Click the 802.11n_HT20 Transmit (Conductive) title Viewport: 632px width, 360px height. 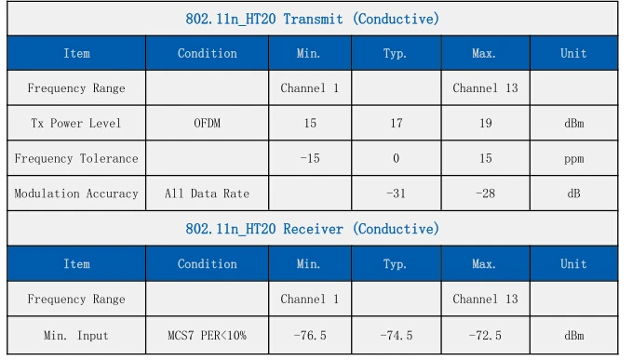click(x=313, y=19)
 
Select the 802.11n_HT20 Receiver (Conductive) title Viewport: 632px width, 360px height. click(x=313, y=229)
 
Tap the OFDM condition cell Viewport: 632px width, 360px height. click(x=208, y=123)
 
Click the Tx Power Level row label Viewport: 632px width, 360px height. click(x=76, y=123)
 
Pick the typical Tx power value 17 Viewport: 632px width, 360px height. click(x=397, y=123)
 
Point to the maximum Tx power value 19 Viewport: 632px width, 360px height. click(x=485, y=123)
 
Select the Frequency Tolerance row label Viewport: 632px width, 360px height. click(x=76, y=159)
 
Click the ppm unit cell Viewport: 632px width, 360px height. click(x=574, y=159)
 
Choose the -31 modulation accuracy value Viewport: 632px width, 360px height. click(x=396, y=193)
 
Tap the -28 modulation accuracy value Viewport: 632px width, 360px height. click(x=485, y=193)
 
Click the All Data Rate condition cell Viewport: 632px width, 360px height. click(x=208, y=193)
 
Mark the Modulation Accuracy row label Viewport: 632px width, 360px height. click(x=76, y=194)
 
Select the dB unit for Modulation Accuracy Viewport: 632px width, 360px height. click(x=574, y=193)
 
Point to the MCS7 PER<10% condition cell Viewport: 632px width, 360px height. click(x=208, y=336)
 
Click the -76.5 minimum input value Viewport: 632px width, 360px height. click(x=310, y=336)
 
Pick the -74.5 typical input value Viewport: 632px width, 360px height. click(x=397, y=336)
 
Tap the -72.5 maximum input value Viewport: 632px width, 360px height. click(x=485, y=336)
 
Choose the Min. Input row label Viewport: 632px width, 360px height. click(x=76, y=336)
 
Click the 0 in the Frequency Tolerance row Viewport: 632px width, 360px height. click(x=397, y=159)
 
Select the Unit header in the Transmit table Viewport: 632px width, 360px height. click(x=573, y=54)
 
